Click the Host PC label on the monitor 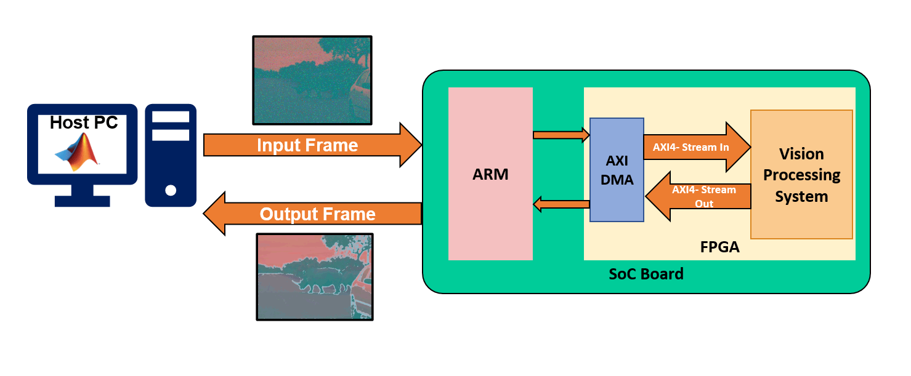pyautogui.click(x=83, y=122)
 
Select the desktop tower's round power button pyautogui.click(x=171, y=190)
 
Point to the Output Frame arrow pyautogui.click(x=317, y=214)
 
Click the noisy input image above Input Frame pyautogui.click(x=312, y=80)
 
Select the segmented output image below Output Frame pyautogui.click(x=315, y=276)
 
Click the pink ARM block pyautogui.click(x=490, y=174)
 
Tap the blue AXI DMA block pyautogui.click(x=617, y=170)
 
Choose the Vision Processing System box pyautogui.click(x=801, y=175)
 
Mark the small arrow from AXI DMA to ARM pyautogui.click(x=561, y=203)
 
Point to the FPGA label pyautogui.click(x=719, y=247)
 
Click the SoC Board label pyautogui.click(x=646, y=273)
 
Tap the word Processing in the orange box pyautogui.click(x=801, y=175)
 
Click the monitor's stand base pyautogui.click(x=82, y=201)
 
